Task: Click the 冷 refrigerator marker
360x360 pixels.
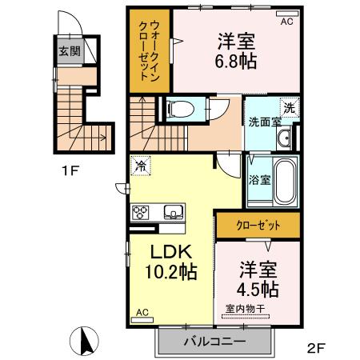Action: click(141, 166)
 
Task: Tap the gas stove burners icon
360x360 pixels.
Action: click(142, 212)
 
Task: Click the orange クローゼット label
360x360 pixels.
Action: click(257, 226)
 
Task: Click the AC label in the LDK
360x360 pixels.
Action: click(142, 312)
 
